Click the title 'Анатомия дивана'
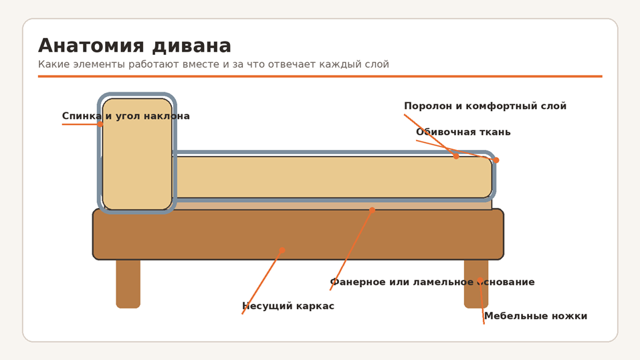[134, 46]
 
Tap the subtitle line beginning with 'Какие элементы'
[213, 64]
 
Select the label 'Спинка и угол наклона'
[126, 116]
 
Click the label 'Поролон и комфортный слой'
[486, 106]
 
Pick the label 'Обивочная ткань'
[463, 132]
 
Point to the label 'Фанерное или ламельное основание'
[432, 282]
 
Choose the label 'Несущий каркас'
[288, 306]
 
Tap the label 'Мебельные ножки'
[536, 316]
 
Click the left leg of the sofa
[128, 284]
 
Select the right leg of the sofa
[476, 284]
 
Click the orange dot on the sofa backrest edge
[100, 124]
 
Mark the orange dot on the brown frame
[282, 250]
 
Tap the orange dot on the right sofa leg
[480, 280]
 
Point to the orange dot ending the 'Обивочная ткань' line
[496, 160]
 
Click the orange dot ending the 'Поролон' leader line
[456, 156]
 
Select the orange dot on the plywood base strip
[372, 210]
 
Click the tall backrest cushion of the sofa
[137, 154]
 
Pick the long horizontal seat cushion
[332, 177]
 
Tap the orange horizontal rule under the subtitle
[320, 76]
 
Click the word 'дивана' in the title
[192, 46]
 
